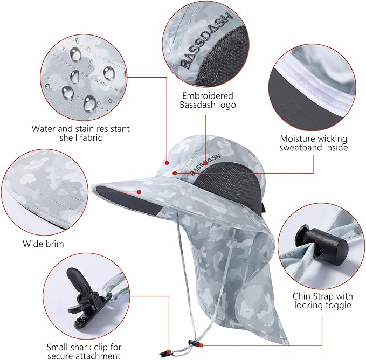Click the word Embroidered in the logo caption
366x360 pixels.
click(x=208, y=96)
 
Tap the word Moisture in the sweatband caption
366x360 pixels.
click(x=296, y=139)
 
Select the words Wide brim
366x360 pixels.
click(x=43, y=244)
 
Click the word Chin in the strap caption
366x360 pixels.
click(x=302, y=296)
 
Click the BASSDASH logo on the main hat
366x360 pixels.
click(x=205, y=164)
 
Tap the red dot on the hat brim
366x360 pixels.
click(x=139, y=192)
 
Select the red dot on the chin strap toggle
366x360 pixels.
click(x=201, y=345)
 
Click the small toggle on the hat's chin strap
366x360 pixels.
click(x=193, y=343)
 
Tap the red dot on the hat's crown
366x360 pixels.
click(x=167, y=163)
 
